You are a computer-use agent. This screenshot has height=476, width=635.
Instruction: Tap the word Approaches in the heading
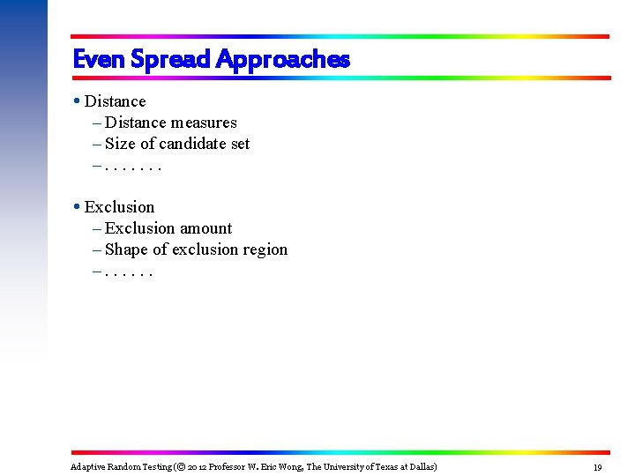point(282,59)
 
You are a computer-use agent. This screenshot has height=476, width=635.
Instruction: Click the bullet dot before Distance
point(78,101)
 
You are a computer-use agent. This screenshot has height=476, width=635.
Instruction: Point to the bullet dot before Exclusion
point(78,207)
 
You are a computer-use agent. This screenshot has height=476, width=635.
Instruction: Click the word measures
point(203,123)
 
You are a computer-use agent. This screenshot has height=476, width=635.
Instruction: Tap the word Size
point(120,144)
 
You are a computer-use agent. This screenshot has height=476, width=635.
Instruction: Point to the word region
point(265,249)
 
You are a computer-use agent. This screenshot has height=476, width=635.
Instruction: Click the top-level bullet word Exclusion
point(120,207)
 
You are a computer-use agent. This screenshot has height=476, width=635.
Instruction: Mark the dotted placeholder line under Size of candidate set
point(132,165)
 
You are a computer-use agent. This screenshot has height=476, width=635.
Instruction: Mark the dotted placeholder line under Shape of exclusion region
point(129,271)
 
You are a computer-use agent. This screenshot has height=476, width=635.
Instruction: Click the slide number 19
point(597,467)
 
